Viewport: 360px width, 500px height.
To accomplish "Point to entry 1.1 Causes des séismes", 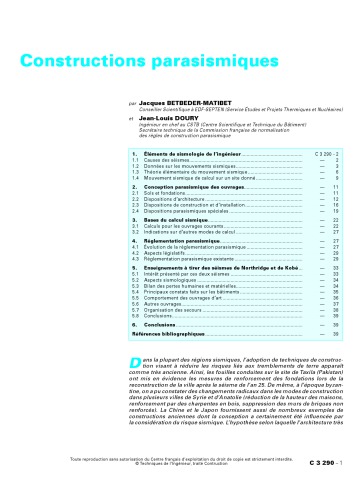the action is [x=170, y=160].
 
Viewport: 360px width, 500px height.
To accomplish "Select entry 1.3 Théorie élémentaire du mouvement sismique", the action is [x=196, y=171].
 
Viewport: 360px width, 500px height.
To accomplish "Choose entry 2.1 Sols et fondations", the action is [x=169, y=194].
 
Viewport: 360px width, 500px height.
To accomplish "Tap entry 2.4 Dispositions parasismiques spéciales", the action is [x=195, y=211].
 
